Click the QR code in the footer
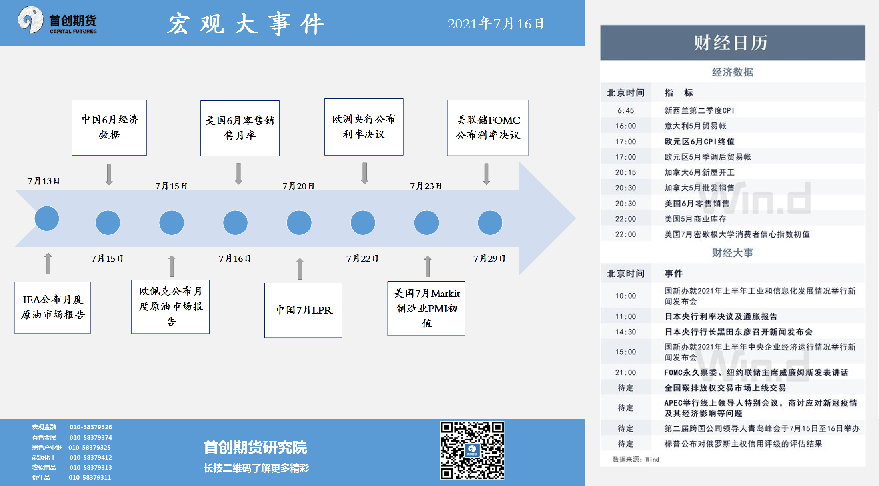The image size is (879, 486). click(472, 450)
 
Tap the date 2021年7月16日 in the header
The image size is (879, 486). click(495, 24)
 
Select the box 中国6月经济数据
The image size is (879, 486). click(109, 128)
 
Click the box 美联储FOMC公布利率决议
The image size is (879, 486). click(487, 128)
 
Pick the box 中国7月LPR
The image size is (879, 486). click(303, 310)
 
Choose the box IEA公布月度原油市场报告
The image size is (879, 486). click(52, 307)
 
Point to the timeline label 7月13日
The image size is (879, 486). click(44, 181)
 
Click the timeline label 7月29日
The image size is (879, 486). click(489, 258)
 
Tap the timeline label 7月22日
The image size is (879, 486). click(362, 258)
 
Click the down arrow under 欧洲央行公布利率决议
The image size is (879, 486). click(364, 173)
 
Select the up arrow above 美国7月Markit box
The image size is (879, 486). click(428, 266)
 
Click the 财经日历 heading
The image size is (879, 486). click(731, 43)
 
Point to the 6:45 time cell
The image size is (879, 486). click(625, 110)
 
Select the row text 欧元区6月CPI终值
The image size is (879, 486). click(699, 142)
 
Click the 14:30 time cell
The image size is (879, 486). click(625, 332)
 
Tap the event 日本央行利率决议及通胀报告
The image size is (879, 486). click(721, 316)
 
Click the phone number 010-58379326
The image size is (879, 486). click(91, 427)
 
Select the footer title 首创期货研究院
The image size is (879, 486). click(255, 447)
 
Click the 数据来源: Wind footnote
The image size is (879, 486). click(636, 459)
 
